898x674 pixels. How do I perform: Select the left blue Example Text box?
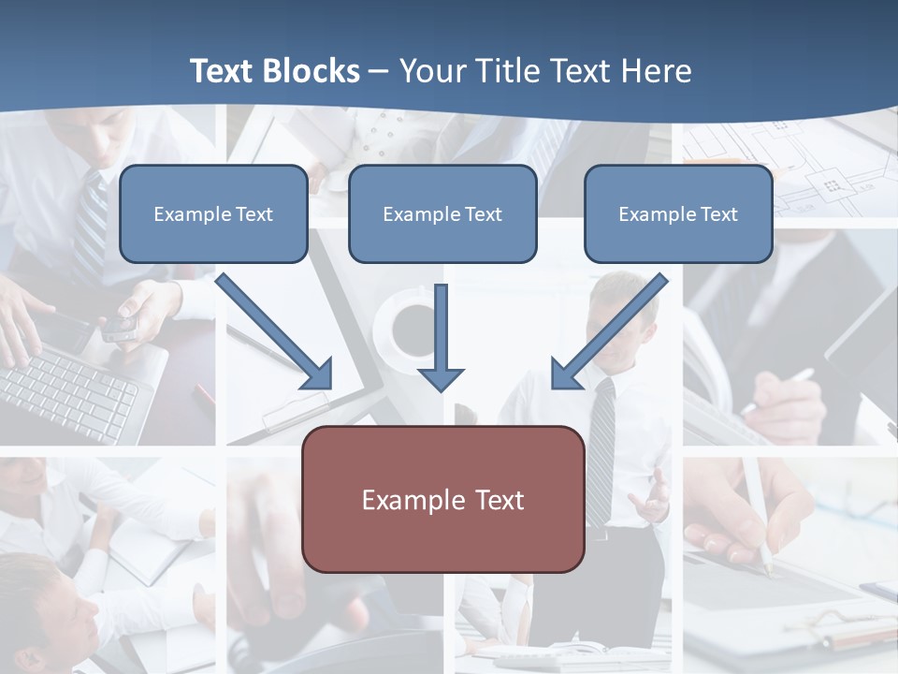tap(213, 213)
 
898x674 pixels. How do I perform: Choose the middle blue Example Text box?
tap(442, 213)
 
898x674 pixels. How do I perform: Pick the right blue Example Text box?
tap(678, 213)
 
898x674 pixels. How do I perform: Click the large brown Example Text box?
tap(442, 499)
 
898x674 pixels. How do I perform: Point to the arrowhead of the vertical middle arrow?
tap(441, 378)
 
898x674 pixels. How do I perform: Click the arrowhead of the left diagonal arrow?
tap(318, 374)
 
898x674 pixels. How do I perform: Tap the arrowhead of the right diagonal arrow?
tap(565, 374)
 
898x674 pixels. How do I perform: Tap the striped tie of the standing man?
tap(601, 449)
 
